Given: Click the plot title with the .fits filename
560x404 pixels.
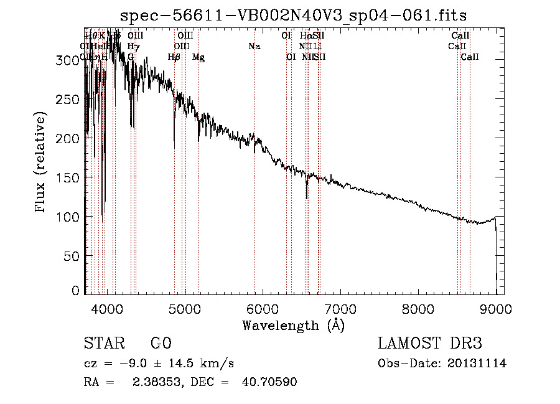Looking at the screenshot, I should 293,14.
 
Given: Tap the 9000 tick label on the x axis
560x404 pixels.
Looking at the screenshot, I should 496,308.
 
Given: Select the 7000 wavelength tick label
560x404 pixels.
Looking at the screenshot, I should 340,308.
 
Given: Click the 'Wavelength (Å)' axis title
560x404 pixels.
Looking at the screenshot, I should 293,325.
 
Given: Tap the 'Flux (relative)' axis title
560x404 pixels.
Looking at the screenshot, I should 41,162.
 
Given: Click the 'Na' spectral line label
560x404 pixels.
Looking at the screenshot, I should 254,46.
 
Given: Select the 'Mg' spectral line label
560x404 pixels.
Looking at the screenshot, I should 198,57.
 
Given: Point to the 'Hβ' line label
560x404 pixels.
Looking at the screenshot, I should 174,57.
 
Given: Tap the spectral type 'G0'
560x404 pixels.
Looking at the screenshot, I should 161,344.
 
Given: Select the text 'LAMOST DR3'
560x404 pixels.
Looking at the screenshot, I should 429,344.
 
